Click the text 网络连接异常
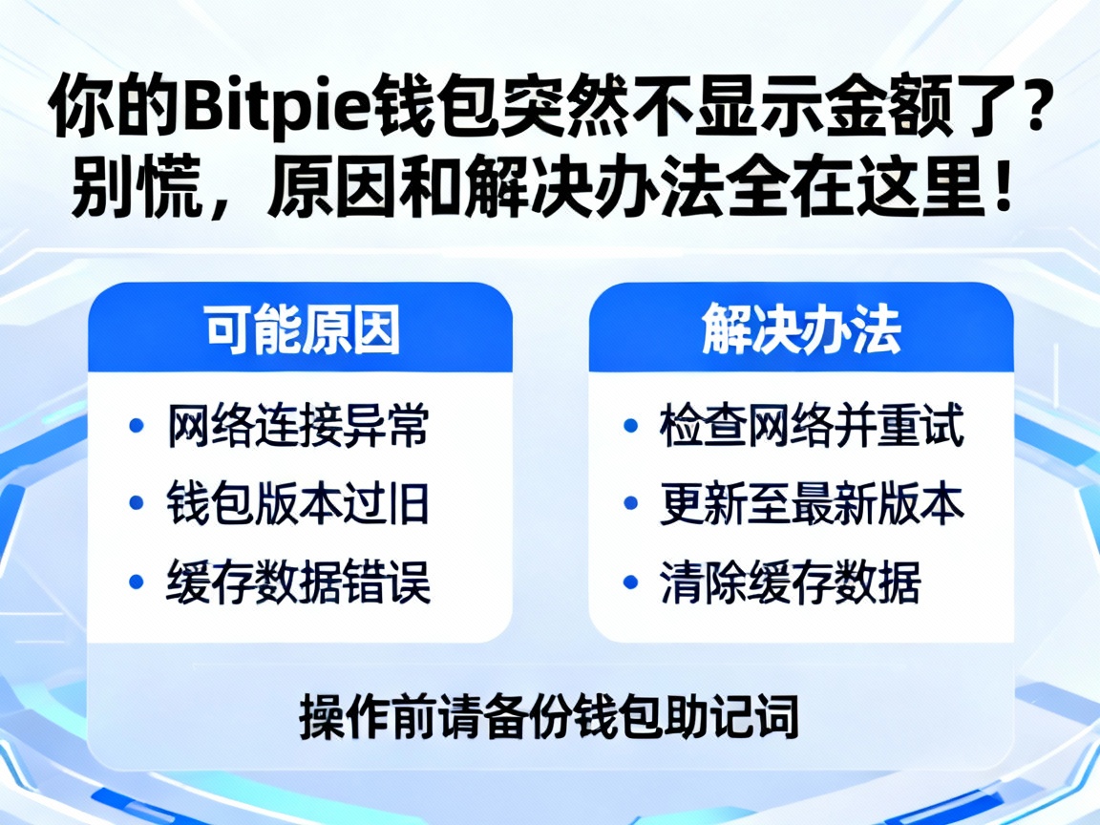(299, 427)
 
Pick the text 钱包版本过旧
(299, 504)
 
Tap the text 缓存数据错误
(299, 581)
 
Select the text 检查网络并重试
(812, 427)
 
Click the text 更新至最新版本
(812, 504)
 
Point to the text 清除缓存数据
(791, 581)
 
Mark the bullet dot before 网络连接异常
(137, 427)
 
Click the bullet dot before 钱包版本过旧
(137, 503)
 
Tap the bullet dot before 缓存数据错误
(137, 581)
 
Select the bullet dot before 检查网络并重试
(630, 427)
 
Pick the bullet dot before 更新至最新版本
(630, 503)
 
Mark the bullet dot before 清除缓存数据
(630, 581)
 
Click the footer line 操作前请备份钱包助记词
(549, 715)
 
